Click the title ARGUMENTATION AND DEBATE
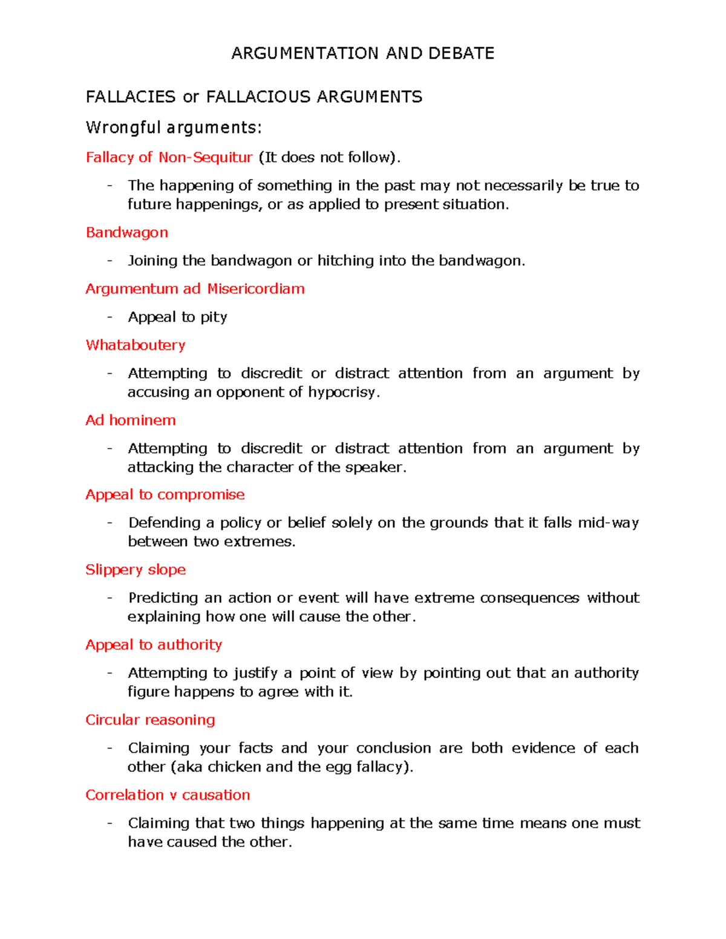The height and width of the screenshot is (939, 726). [362, 53]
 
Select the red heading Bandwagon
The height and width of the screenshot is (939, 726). [126, 233]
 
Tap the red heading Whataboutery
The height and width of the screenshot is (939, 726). [136, 345]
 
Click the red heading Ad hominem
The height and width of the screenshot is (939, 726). [131, 420]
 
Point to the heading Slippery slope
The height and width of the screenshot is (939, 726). [136, 570]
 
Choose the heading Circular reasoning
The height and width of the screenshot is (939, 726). [150, 720]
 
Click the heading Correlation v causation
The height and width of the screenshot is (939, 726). [168, 794]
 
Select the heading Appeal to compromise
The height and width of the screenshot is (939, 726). [165, 495]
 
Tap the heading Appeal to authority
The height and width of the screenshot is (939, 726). [154, 645]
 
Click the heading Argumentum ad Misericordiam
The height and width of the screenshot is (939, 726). [195, 289]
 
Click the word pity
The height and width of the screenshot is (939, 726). [214, 317]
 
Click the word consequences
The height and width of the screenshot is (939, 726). [529, 598]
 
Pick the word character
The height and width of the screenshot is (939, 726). [261, 467]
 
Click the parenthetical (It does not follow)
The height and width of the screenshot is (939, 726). [329, 158]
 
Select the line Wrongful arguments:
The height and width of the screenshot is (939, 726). [174, 128]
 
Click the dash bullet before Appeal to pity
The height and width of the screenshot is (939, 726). [110, 317]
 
